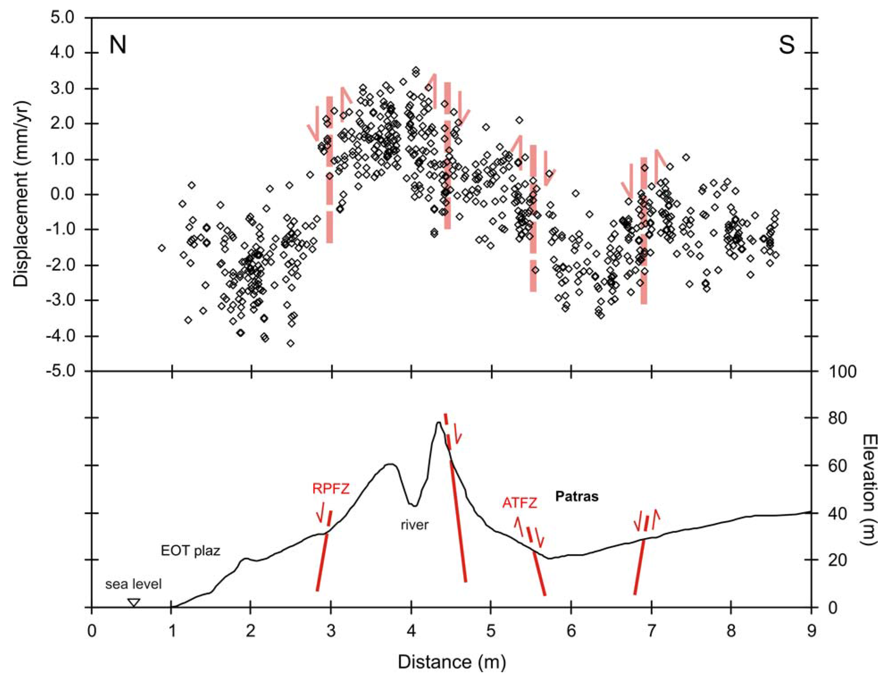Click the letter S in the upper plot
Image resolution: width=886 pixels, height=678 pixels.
click(x=786, y=46)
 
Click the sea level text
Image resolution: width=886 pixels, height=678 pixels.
click(x=133, y=584)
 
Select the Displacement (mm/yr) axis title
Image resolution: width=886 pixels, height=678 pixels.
click(x=21, y=194)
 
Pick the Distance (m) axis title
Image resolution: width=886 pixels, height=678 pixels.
click(x=452, y=662)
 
